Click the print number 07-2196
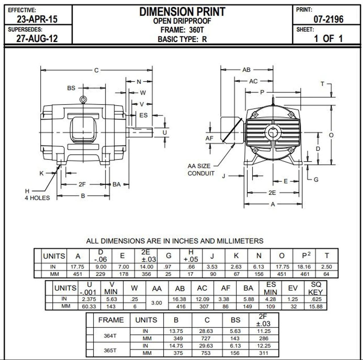point(328,19)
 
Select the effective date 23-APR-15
point(37,19)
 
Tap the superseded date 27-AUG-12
point(37,38)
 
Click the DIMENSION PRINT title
point(182,12)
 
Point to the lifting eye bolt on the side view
point(83,100)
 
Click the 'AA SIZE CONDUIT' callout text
point(201,170)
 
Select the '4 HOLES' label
point(37,198)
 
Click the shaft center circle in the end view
point(273,132)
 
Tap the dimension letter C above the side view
point(96,70)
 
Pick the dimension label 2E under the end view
point(272,193)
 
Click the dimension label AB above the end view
point(246,70)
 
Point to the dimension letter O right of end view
point(331,135)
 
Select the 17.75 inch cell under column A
point(77,267)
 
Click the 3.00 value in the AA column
point(157,303)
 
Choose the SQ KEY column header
point(315,288)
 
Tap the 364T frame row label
point(110,336)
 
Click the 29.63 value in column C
point(206,346)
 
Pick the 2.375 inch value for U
point(89,299)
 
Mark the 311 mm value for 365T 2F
point(263,353)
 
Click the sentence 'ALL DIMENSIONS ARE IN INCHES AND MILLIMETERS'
point(175,241)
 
